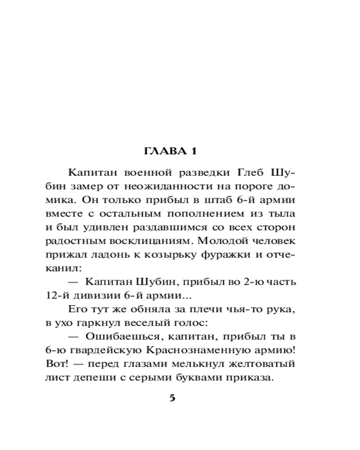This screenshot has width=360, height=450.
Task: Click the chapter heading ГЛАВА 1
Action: point(171,151)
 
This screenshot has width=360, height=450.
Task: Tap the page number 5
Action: point(171,398)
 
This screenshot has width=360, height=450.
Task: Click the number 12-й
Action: point(57,296)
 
